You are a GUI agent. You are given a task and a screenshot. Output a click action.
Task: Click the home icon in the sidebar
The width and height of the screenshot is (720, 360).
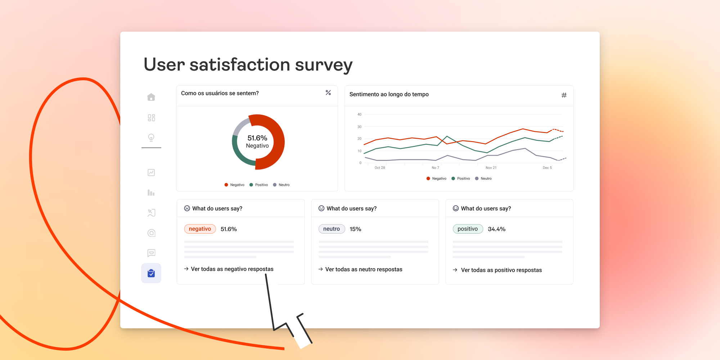point(151,97)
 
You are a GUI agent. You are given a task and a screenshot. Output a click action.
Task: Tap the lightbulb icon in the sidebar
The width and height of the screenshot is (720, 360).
point(151,138)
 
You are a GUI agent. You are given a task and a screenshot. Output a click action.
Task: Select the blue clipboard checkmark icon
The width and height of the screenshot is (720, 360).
point(151,273)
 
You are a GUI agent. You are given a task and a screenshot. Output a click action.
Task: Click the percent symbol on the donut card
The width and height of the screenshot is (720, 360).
point(328,93)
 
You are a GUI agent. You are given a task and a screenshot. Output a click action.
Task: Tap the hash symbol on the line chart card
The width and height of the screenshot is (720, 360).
point(564,95)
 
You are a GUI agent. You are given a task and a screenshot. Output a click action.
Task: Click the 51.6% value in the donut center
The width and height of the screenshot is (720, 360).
point(257,138)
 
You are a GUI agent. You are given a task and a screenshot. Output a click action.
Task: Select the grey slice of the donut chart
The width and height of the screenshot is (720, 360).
point(241,126)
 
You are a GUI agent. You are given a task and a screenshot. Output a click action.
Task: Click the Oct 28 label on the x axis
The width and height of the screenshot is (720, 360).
point(380,168)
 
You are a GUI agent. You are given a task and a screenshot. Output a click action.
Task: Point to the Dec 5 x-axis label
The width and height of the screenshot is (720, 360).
point(547,168)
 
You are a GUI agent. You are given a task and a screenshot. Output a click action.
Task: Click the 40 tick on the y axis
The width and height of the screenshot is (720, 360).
point(359,114)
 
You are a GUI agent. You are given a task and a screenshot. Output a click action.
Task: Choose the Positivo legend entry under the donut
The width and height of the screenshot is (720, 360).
point(259,185)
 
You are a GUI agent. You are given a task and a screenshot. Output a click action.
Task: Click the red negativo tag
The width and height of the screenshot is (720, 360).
point(200,229)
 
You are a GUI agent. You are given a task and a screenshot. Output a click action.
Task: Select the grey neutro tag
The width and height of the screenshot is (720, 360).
point(332,229)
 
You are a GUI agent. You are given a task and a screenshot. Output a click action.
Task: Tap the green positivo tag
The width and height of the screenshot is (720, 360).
point(468,229)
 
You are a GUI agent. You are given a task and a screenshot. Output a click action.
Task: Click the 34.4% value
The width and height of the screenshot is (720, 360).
point(496,229)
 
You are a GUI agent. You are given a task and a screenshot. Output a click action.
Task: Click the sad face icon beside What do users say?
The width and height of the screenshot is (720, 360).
point(187,208)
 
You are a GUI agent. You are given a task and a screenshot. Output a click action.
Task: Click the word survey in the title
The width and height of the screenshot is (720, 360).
point(324,65)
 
